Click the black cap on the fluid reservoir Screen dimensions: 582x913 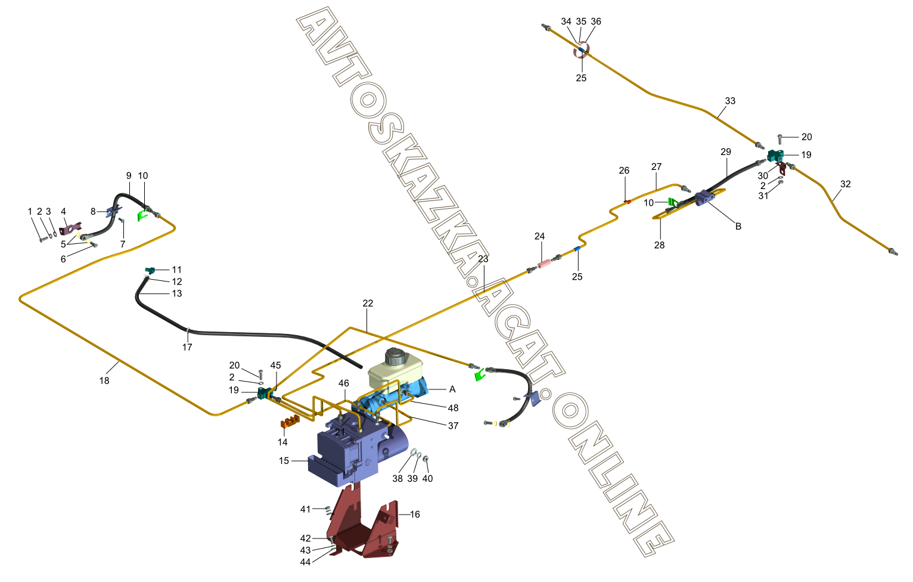(x=395, y=357)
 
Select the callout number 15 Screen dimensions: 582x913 (x=284, y=461)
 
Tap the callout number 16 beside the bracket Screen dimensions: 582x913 (x=415, y=514)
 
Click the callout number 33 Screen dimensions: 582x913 (x=730, y=101)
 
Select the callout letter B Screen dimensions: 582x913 (x=738, y=227)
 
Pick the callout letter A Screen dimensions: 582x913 (x=452, y=389)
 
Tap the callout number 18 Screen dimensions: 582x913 (x=104, y=380)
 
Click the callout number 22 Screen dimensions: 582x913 (x=368, y=304)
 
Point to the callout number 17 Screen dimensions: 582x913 (x=187, y=347)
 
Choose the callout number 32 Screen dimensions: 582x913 (x=846, y=184)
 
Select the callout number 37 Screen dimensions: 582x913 (x=453, y=426)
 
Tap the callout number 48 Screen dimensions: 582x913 (x=453, y=408)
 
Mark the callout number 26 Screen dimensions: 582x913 (x=624, y=171)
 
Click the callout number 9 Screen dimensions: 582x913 (x=129, y=176)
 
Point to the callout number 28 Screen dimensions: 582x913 (x=659, y=245)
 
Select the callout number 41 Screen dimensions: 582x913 (x=305, y=509)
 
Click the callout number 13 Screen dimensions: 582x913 (x=177, y=293)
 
